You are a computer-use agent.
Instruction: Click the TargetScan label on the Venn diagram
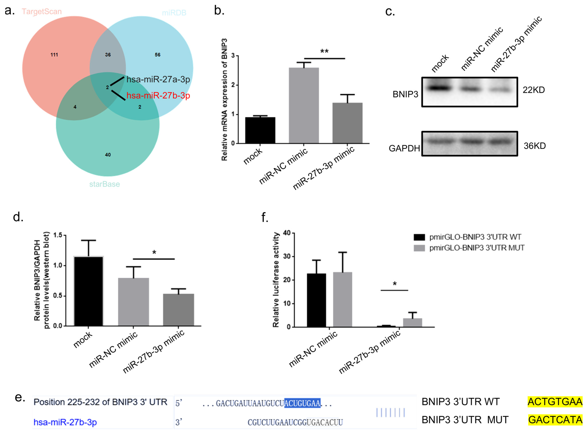pyautogui.click(x=42, y=11)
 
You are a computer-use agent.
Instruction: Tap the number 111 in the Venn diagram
pyautogui.click(x=54, y=55)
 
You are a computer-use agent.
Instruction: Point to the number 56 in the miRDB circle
pyautogui.click(x=157, y=55)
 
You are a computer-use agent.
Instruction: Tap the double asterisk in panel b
pyautogui.click(x=324, y=51)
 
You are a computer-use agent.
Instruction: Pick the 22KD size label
pyautogui.click(x=534, y=90)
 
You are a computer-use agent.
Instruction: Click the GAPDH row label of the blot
pyautogui.click(x=404, y=148)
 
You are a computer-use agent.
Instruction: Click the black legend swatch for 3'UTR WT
pyautogui.click(x=419, y=237)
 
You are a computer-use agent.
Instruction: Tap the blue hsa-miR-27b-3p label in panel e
pyautogui.click(x=65, y=422)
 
